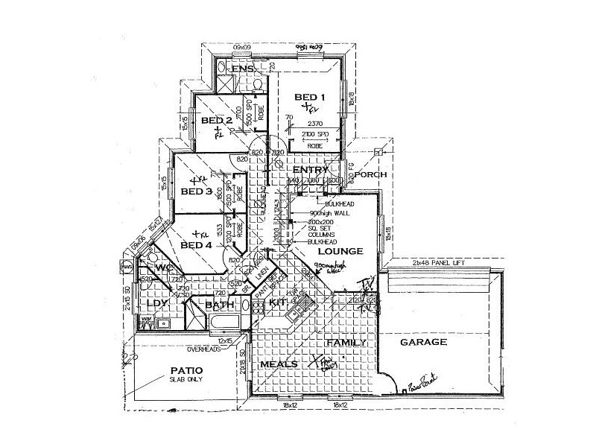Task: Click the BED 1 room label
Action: point(309,97)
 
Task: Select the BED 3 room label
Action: point(197,191)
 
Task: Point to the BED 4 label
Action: point(197,246)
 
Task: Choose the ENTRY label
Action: point(310,170)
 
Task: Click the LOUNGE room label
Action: point(340,251)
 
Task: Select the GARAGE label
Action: point(423,343)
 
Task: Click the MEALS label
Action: point(279,364)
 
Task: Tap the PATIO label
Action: point(187,370)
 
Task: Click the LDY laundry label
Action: point(155,304)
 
